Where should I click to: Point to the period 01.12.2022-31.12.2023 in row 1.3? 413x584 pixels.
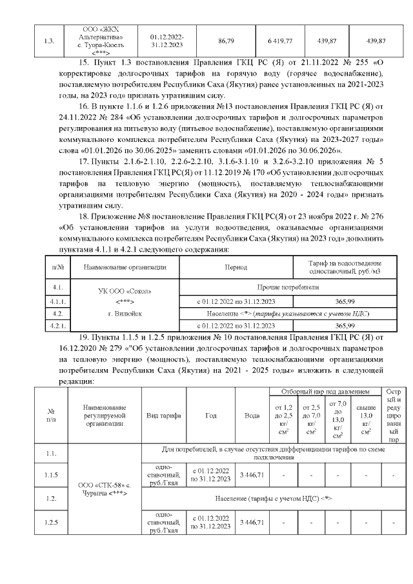167,41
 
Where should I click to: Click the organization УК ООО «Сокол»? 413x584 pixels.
125,292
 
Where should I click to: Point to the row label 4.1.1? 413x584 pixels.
56,301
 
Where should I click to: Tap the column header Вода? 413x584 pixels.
252,416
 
